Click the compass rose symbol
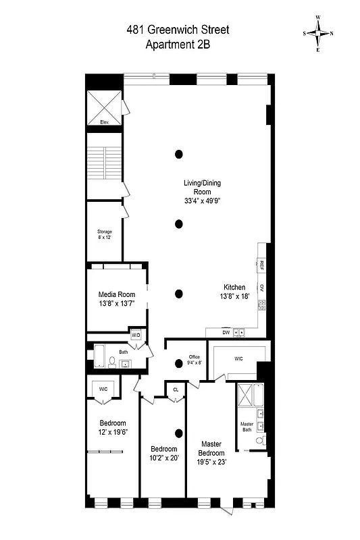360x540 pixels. [318, 33]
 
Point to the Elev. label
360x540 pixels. [105, 122]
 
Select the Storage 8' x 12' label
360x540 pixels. [105, 235]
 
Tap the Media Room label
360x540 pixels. [117, 299]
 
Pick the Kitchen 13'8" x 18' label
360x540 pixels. [235, 292]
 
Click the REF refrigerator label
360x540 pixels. [261, 265]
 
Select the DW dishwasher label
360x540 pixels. [226, 332]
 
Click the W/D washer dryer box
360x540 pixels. [136, 335]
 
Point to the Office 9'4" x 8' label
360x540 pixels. [195, 360]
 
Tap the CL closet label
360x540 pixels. [176, 389]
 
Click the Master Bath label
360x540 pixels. [247, 428]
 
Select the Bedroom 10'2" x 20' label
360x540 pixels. [163, 454]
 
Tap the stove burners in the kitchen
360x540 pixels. [261, 304]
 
